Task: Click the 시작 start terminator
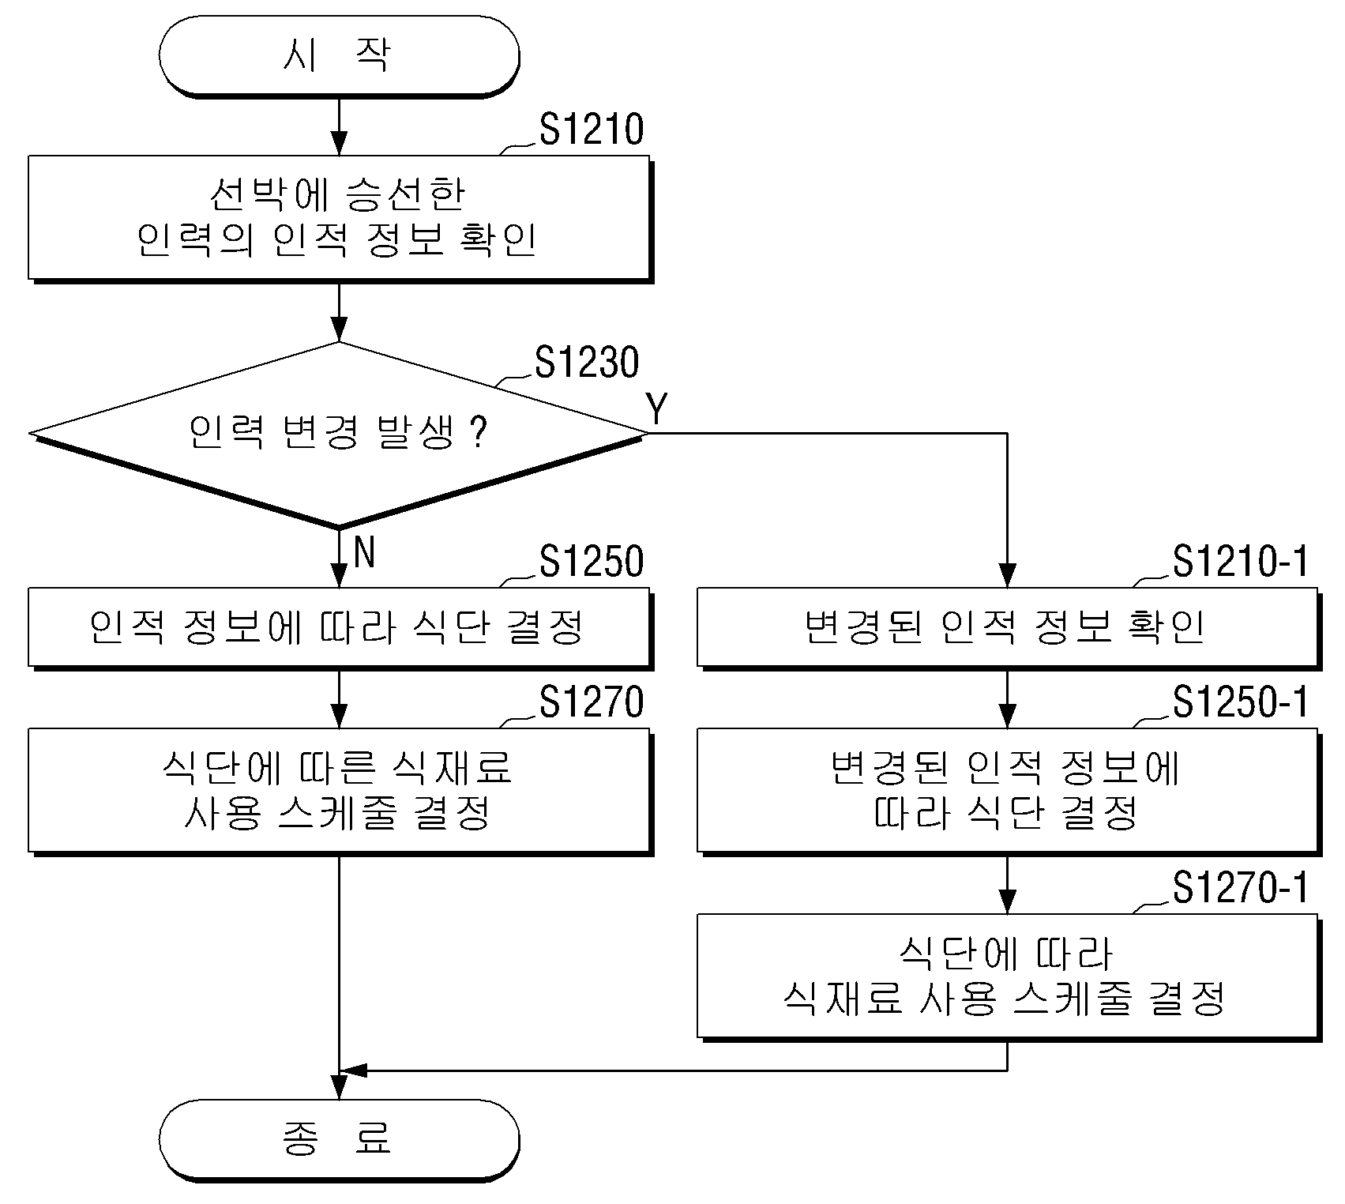point(339,56)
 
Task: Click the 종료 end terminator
point(339,1140)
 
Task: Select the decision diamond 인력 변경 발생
point(339,434)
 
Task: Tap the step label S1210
point(592,130)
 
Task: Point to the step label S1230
point(587,362)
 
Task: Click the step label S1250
point(592,561)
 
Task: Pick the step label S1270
point(592,702)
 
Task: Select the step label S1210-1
point(1240,561)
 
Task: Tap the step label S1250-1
point(1240,702)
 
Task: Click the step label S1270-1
point(1240,888)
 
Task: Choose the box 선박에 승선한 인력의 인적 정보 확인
point(340,218)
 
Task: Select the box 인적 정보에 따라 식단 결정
point(340,628)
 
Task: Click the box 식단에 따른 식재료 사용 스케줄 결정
point(340,791)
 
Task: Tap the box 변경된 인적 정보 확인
point(1009,628)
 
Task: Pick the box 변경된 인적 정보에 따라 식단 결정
point(1009,791)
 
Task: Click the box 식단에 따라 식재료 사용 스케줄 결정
point(1009,977)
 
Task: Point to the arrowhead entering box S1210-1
point(1008,576)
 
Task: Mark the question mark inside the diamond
point(478,433)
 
